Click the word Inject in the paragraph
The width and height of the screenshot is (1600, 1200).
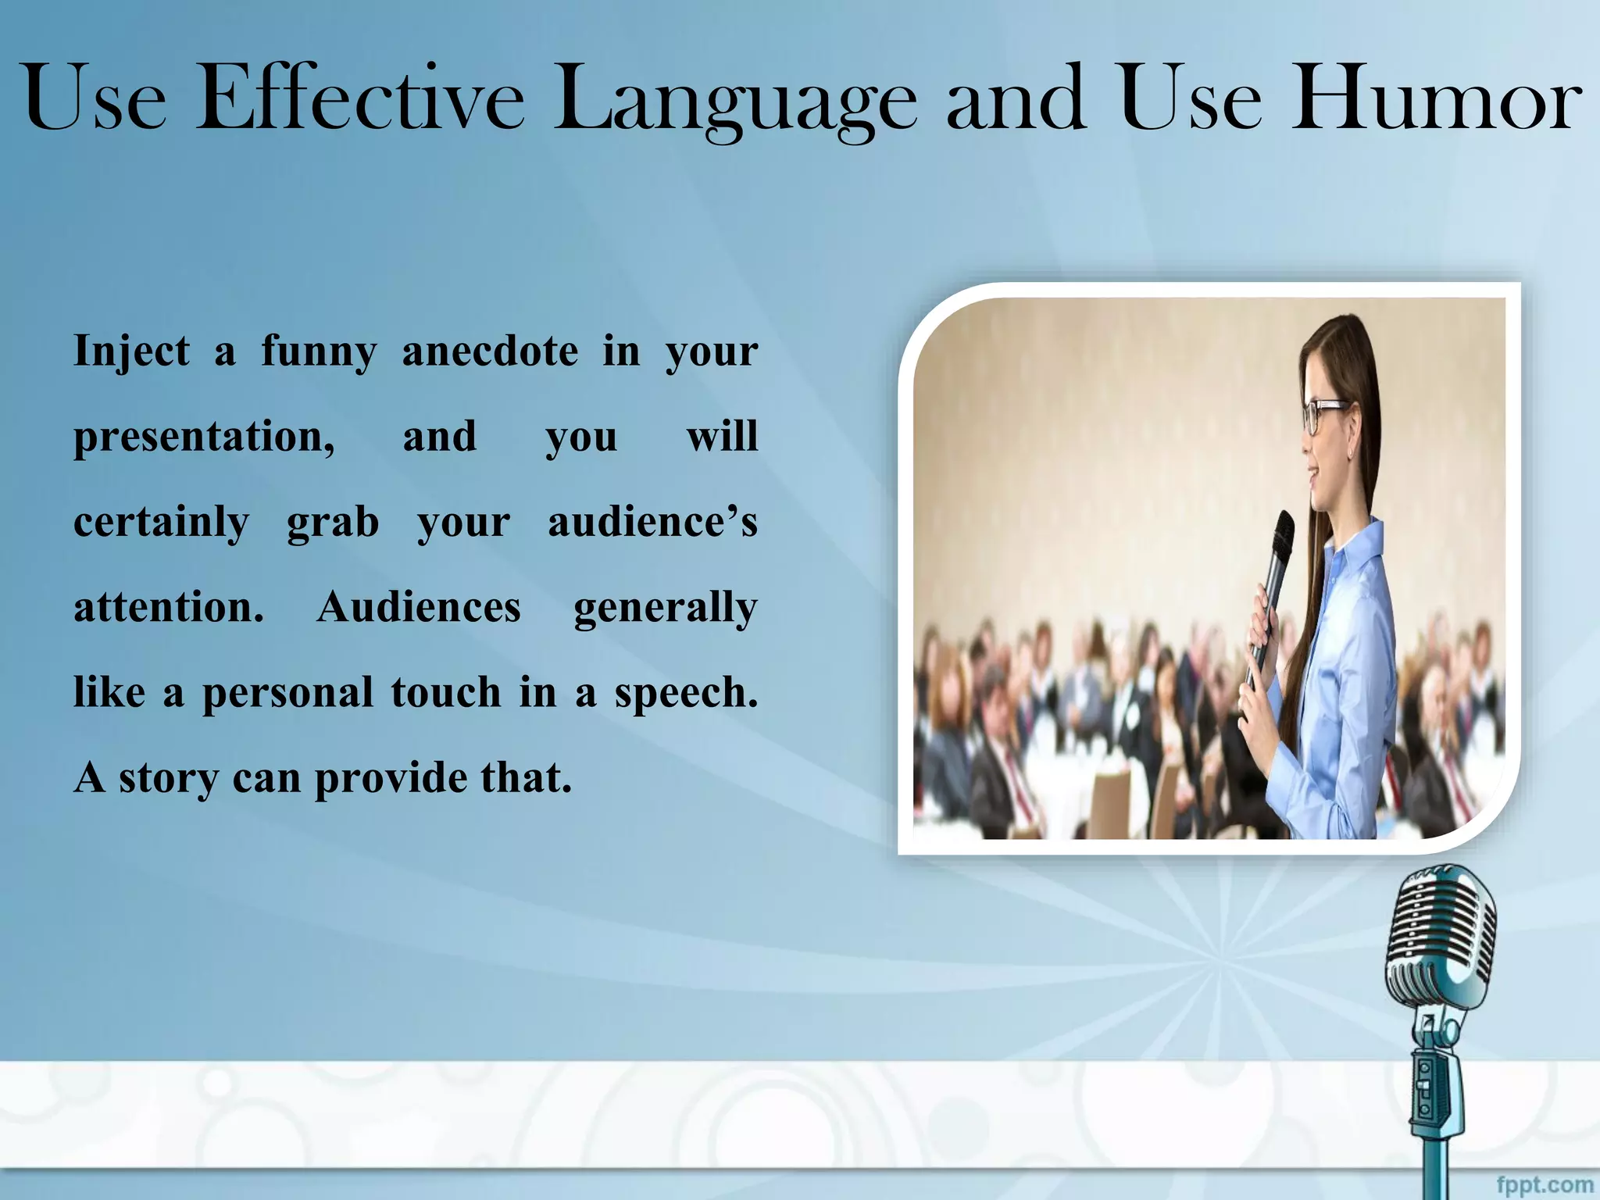click(131, 352)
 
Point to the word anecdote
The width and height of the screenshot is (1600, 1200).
click(490, 350)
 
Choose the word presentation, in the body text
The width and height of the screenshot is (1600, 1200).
click(204, 437)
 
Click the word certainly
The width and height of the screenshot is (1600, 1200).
click(161, 523)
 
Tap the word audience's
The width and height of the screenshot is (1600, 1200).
click(652, 522)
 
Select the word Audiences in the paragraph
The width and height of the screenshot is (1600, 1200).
click(418, 607)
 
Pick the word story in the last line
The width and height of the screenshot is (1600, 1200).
click(168, 779)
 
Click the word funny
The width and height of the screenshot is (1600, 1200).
click(318, 352)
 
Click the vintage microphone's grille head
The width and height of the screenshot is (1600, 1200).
click(1441, 937)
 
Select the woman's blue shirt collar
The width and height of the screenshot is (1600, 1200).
click(1355, 547)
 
